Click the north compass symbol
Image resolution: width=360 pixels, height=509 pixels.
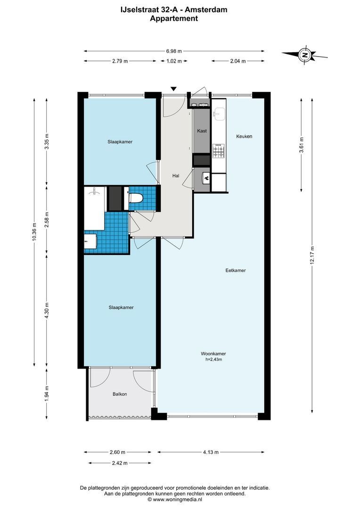[305, 55]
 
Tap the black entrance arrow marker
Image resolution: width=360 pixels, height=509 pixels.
[174, 89]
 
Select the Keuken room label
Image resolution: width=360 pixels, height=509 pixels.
[244, 136]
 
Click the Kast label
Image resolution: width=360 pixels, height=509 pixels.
[202, 131]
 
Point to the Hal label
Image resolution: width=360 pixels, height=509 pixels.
[176, 176]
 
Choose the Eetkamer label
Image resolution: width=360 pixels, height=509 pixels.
[236, 271]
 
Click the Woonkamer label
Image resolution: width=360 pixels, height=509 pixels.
[213, 353]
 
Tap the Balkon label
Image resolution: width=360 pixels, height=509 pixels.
[120, 394]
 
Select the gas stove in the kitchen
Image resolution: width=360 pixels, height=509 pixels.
[218, 151]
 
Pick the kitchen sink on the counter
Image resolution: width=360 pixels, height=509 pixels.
[219, 113]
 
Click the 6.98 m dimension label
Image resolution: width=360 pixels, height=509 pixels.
[174, 51]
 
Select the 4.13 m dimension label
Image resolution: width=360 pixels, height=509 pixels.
[211, 452]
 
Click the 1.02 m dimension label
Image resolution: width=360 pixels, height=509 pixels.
[174, 61]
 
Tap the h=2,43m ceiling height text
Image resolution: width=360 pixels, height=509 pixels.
[213, 360]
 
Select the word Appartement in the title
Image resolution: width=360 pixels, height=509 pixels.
[174, 19]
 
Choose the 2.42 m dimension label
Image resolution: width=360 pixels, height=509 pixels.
[120, 463]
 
